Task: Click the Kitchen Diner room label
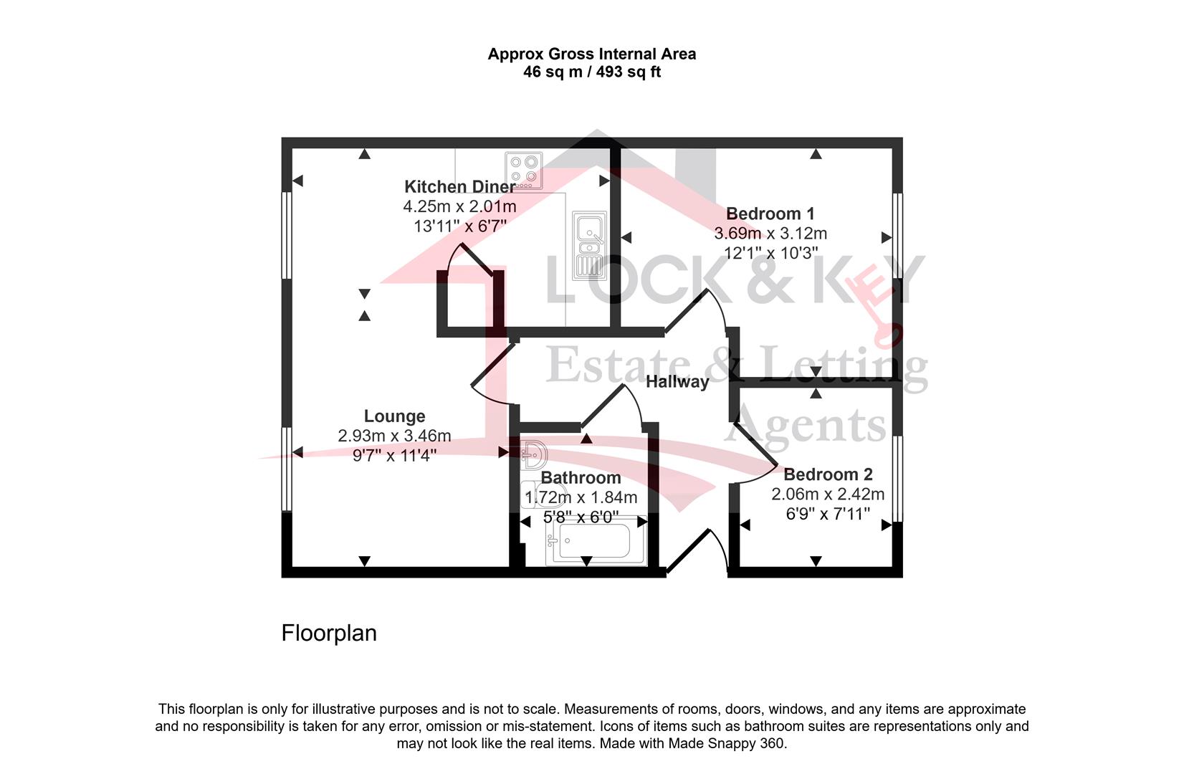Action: point(460,186)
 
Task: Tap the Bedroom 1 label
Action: point(770,214)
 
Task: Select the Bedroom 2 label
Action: point(828,474)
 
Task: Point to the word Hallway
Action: point(677,382)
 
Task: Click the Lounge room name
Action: point(394,416)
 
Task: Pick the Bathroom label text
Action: point(581,477)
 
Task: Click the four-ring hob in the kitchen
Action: point(523,171)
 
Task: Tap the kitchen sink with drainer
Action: point(589,245)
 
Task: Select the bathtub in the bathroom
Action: point(596,540)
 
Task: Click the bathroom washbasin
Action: point(534,454)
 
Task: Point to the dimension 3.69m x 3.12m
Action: point(770,233)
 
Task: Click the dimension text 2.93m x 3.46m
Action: point(394,436)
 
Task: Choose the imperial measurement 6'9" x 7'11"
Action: point(828,513)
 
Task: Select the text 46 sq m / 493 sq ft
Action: point(592,72)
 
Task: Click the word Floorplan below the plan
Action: point(329,633)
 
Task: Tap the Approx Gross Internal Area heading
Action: point(592,54)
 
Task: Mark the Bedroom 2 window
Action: point(897,479)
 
